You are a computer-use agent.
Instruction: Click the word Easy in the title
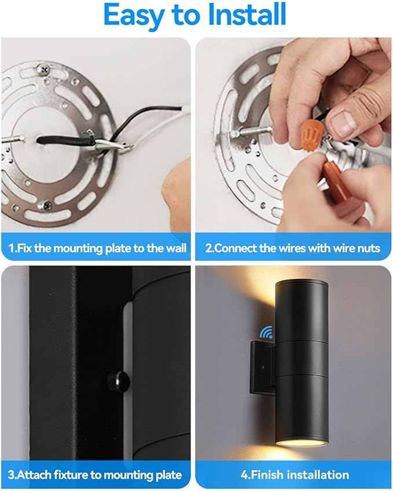pyautogui.click(x=134, y=16)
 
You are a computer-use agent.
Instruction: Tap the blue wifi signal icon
pyautogui.click(x=266, y=332)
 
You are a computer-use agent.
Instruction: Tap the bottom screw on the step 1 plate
pyautogui.click(x=45, y=205)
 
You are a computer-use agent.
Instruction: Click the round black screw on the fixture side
pyautogui.click(x=119, y=381)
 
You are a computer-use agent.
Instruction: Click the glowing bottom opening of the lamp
pyautogui.click(x=302, y=442)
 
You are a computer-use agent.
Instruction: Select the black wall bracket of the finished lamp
pyautogui.click(x=263, y=368)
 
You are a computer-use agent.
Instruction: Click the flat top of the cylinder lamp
pyautogui.click(x=302, y=283)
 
